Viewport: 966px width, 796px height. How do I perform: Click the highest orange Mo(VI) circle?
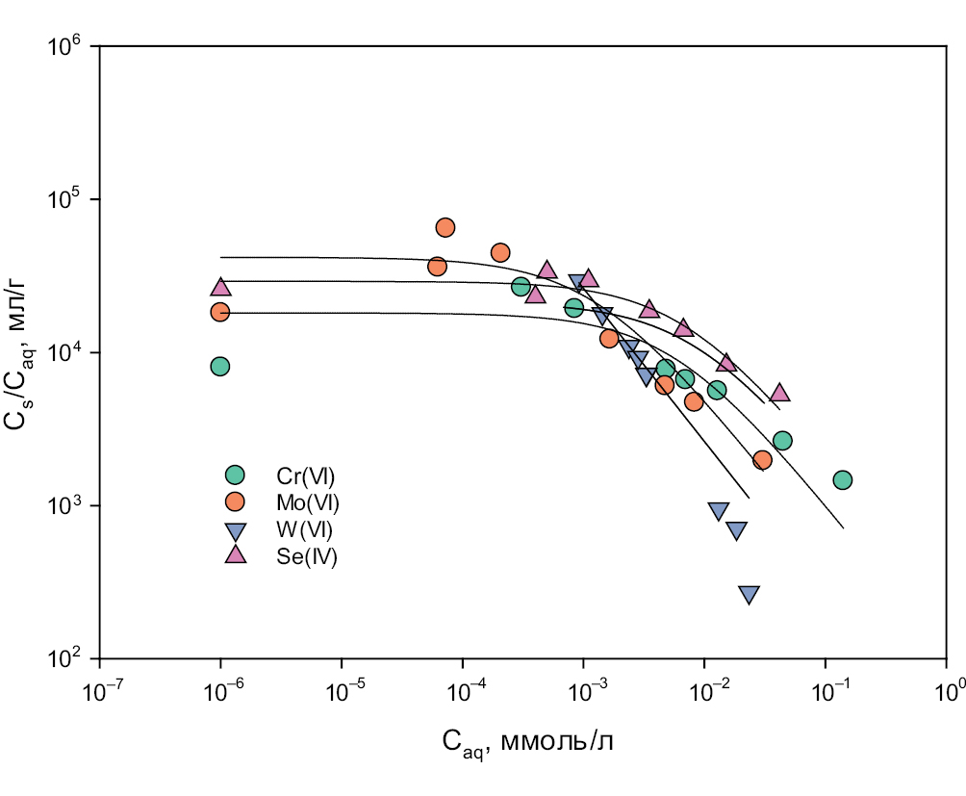[x=445, y=227]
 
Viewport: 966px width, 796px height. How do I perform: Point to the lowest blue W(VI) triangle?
[x=749, y=595]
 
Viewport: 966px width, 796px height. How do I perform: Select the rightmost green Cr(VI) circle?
[x=843, y=480]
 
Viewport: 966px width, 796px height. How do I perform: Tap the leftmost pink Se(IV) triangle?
[x=220, y=287]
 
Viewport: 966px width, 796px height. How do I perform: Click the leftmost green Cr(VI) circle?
[x=220, y=366]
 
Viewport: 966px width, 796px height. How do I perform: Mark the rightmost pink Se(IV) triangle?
[x=780, y=393]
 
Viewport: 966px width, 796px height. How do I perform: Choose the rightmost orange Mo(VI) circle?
[x=762, y=460]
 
